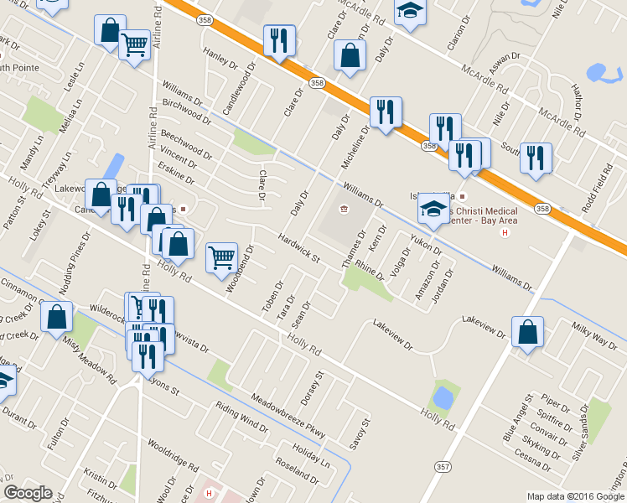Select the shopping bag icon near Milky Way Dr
click(527, 332)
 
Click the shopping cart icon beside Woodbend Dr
click(221, 257)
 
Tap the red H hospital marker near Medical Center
click(505, 232)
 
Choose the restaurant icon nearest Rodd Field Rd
click(535, 158)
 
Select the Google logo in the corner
click(28, 493)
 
